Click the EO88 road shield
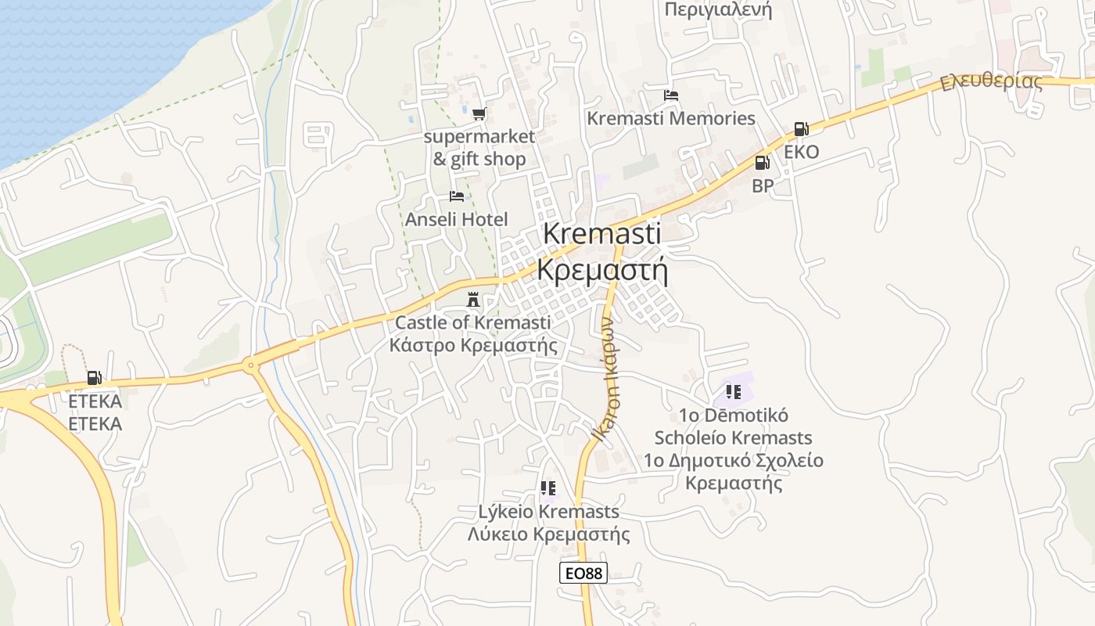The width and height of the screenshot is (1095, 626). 583,573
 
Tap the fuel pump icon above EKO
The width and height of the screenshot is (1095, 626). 801,129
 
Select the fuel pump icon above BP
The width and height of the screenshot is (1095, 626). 762,163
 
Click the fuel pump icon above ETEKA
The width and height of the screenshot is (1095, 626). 95,378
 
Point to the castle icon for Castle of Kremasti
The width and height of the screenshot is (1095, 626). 473,299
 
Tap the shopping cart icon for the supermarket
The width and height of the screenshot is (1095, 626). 479,114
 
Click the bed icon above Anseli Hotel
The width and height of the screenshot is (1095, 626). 457,196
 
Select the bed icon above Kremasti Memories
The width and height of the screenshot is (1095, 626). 671,95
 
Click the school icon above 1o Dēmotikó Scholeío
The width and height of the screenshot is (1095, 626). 733,391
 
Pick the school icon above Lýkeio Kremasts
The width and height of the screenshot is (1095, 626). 548,488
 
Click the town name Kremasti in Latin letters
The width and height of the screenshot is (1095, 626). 601,233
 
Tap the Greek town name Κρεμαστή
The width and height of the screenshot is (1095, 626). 603,270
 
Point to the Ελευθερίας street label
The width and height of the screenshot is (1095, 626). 992,81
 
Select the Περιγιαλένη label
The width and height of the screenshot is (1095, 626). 718,9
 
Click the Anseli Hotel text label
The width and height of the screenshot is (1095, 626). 457,219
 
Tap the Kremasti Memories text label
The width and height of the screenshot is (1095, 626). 671,118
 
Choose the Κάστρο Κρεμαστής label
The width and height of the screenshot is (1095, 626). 473,344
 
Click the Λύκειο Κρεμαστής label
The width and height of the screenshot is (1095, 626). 548,534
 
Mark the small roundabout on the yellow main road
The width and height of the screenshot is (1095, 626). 250,364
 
